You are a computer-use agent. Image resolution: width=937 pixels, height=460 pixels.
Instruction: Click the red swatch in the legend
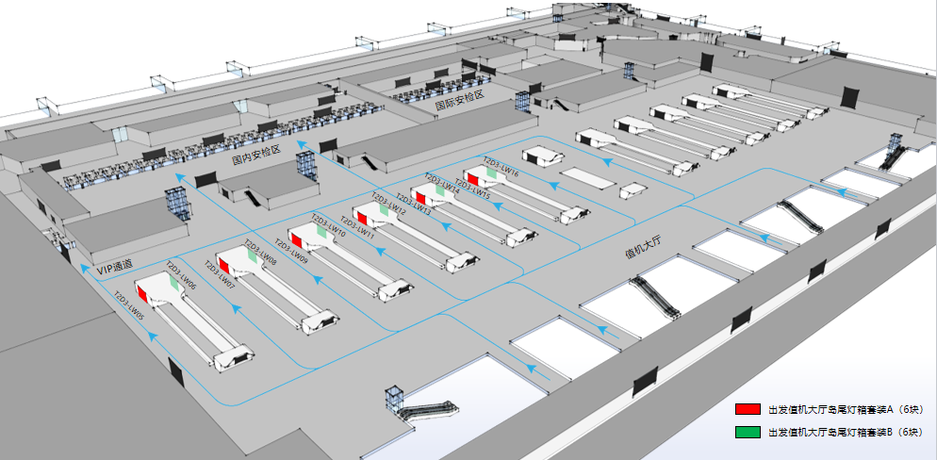pyautogui.click(x=748, y=410)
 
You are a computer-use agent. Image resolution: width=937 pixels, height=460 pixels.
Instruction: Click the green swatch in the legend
pyautogui.click(x=748, y=433)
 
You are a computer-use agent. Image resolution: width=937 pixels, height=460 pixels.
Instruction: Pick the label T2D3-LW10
pyautogui.click(x=328, y=234)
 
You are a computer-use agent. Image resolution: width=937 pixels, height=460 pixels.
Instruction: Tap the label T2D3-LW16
pyautogui.click(x=501, y=167)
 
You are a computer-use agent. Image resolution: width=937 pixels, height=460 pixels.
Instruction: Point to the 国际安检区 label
pyautogui.click(x=459, y=101)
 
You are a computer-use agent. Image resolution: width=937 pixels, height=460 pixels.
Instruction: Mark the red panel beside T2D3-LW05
pyautogui.click(x=143, y=293)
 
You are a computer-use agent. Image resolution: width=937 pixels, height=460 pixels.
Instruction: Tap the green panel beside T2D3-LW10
pyautogui.click(x=323, y=230)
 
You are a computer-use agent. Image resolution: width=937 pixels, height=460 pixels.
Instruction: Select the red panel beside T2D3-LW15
pyautogui.click(x=472, y=179)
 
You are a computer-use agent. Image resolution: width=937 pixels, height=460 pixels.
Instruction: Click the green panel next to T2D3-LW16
pyautogui.click(x=492, y=172)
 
